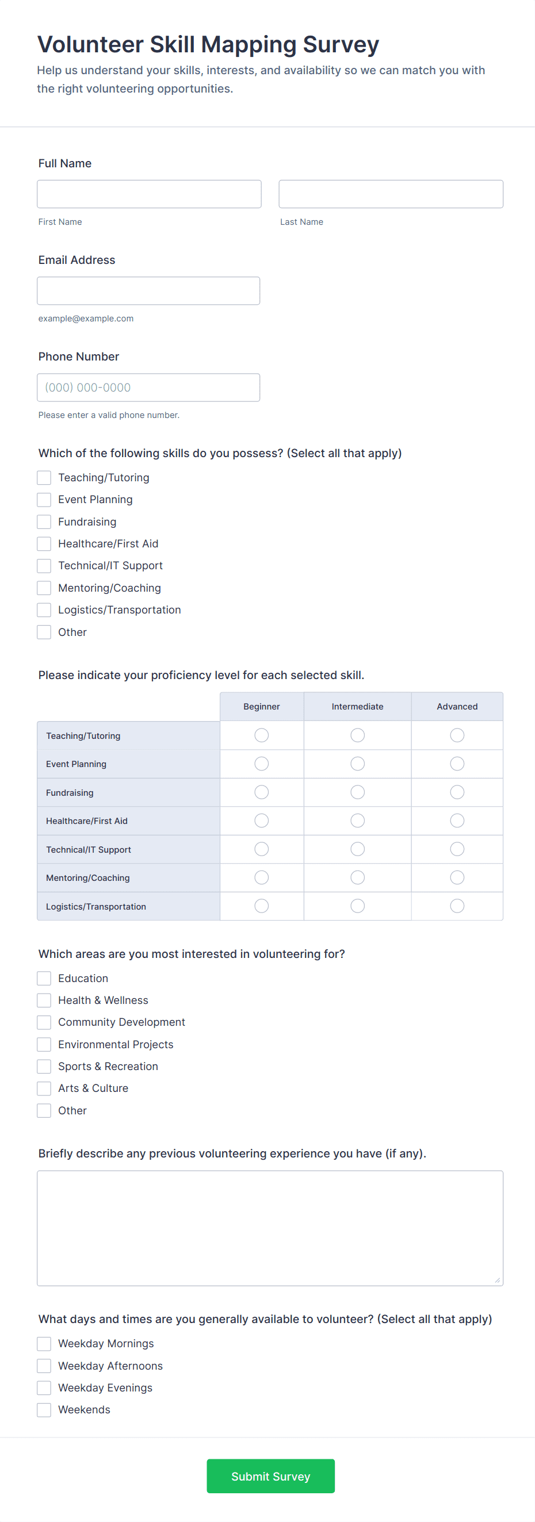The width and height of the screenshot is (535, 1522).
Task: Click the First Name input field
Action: tap(149, 194)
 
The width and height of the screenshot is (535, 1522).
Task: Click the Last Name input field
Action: tap(391, 194)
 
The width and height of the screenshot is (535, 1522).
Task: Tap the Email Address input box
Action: tap(148, 291)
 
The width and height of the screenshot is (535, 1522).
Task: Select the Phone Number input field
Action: tap(148, 388)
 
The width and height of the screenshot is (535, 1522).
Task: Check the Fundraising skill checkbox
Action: tap(44, 522)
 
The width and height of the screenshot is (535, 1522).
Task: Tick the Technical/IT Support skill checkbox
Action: tap(44, 566)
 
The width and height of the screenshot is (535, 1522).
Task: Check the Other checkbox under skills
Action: tap(44, 632)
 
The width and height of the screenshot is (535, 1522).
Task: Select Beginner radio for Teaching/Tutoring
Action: tap(261, 735)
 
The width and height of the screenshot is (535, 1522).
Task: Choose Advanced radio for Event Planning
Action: tap(457, 764)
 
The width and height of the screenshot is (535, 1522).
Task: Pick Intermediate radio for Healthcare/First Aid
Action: tap(358, 821)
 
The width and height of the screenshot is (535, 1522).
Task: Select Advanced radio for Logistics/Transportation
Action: tap(457, 906)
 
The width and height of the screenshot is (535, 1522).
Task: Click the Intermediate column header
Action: tap(358, 707)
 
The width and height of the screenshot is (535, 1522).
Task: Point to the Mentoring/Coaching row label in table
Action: tap(88, 878)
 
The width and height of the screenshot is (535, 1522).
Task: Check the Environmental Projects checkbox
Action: tap(44, 1045)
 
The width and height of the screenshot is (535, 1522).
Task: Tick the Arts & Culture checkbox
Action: tap(44, 1088)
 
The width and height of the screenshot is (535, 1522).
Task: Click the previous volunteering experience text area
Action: tap(270, 1228)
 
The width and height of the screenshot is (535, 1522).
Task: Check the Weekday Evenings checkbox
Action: tap(44, 1388)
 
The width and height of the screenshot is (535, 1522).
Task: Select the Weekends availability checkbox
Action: tap(44, 1410)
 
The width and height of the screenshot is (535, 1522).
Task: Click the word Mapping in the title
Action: tap(249, 45)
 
